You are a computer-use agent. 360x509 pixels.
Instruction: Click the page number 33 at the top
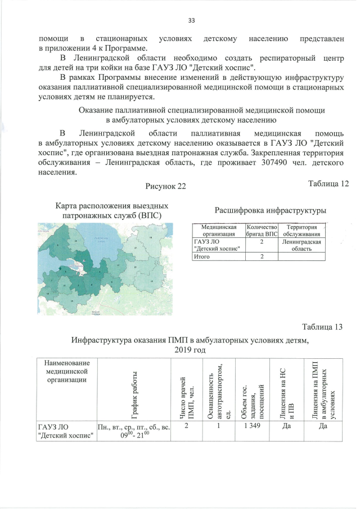(x=191, y=21)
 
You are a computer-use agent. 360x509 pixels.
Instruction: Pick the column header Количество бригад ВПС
(x=262, y=231)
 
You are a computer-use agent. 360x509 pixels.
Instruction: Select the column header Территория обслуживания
(x=302, y=231)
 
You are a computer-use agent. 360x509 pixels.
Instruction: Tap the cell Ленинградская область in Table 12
(x=302, y=245)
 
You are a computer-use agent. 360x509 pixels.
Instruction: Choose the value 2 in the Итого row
(x=262, y=256)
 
